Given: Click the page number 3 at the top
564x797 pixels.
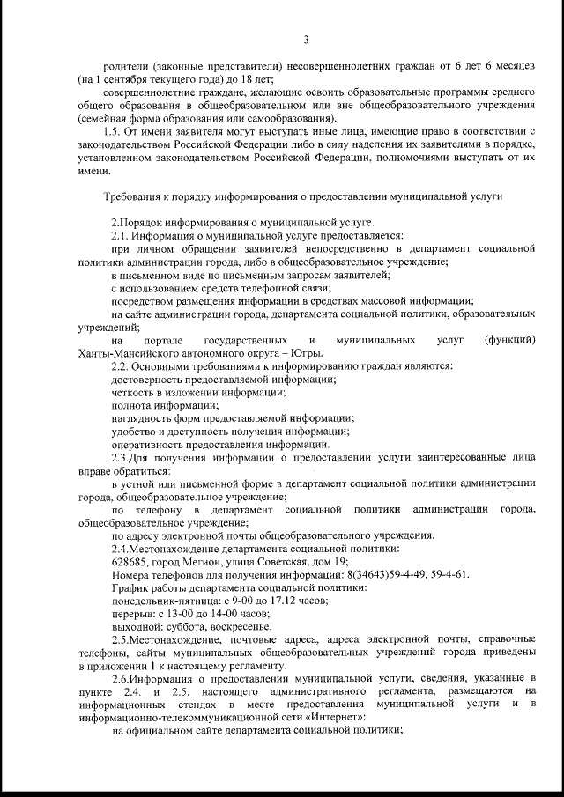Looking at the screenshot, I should click(x=305, y=38).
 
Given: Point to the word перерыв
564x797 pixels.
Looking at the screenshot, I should click(x=135, y=614).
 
